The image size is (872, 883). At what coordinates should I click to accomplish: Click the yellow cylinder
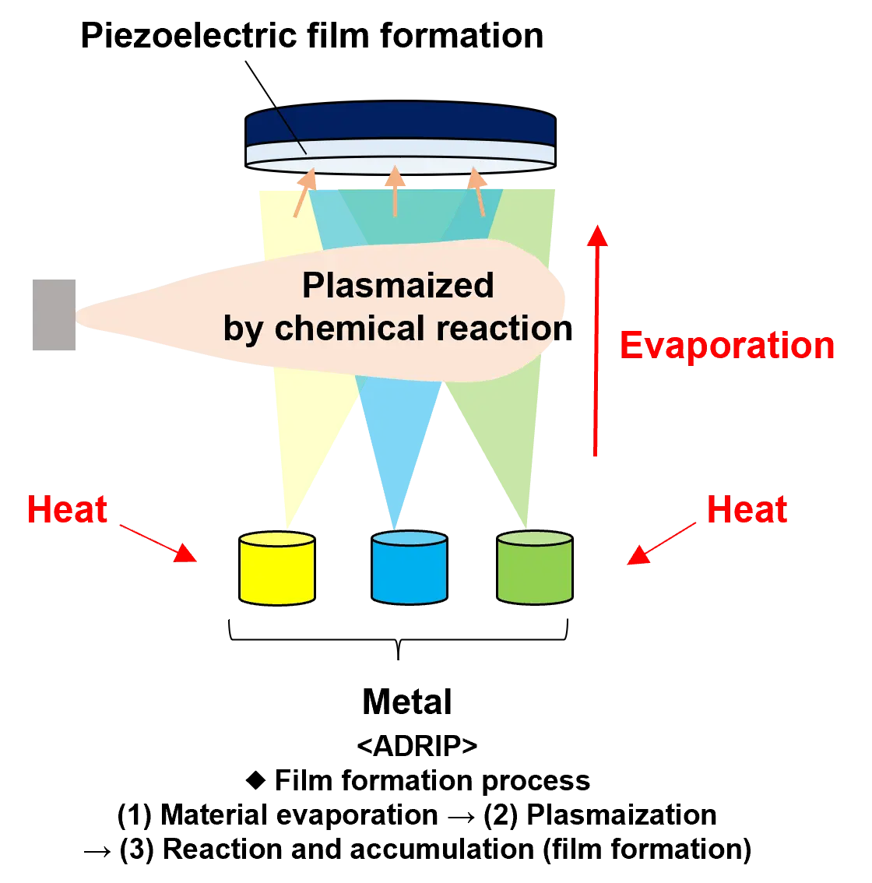[x=276, y=568]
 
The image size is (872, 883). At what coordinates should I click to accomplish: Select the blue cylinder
[x=409, y=568]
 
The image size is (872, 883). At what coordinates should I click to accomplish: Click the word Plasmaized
[x=398, y=286]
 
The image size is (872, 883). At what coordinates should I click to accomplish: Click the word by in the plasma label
[x=244, y=329]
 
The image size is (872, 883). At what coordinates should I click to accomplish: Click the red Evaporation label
[x=726, y=347]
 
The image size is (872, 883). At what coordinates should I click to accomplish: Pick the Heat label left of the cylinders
[x=68, y=510]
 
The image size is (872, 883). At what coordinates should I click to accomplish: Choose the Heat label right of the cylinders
[x=747, y=510]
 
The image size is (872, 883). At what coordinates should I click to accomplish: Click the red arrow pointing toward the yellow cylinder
[x=159, y=543]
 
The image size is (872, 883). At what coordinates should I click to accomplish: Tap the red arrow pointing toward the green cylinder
[x=661, y=543]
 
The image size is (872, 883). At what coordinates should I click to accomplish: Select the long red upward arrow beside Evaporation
[x=597, y=343]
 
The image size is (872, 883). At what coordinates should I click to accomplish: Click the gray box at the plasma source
[x=56, y=314]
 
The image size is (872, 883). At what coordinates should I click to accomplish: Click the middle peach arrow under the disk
[x=396, y=190]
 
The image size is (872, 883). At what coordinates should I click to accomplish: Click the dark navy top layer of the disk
[x=399, y=125]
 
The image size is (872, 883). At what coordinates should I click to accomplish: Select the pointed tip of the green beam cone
[x=530, y=523]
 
